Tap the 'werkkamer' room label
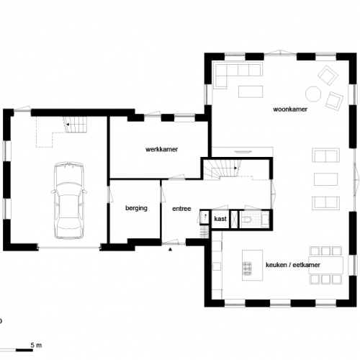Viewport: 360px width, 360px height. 161,149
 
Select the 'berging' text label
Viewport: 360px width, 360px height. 136,208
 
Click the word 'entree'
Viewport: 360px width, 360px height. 181,209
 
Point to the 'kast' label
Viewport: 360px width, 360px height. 220,217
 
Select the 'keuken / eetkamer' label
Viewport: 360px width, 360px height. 293,265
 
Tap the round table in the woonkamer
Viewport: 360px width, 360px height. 314,93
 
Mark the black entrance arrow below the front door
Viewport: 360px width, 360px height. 170,249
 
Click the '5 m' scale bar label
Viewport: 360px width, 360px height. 36,346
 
